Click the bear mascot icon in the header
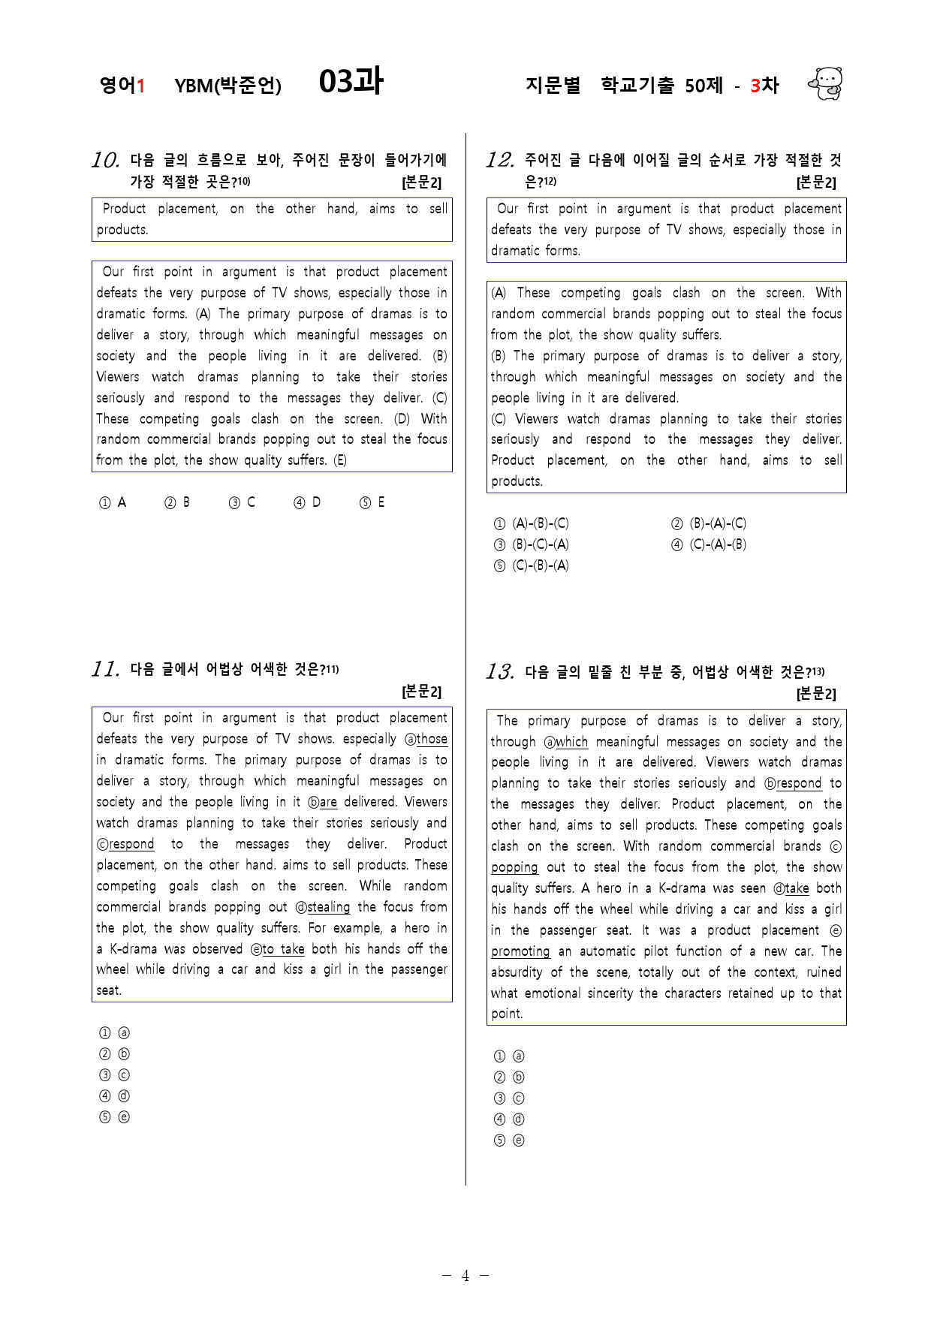pos(826,83)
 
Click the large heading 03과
pos(351,81)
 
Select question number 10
pos(105,160)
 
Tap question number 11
pos(105,669)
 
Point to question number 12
pos(499,160)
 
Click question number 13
pos(499,672)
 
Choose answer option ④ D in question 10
pos(307,502)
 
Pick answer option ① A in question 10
pos(113,502)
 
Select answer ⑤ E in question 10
pos(372,502)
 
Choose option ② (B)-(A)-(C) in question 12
pos(709,523)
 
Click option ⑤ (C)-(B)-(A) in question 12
pos(532,565)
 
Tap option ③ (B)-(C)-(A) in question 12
pos(532,544)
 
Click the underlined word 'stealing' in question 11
pos(329,907)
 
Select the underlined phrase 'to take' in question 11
pos(283,949)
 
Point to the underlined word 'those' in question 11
pos(432,739)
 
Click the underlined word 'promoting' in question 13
pos(520,951)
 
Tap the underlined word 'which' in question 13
pos(571,742)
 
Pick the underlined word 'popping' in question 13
pos(514,867)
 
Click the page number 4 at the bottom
pos(465,1276)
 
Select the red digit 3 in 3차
pos(755,86)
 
